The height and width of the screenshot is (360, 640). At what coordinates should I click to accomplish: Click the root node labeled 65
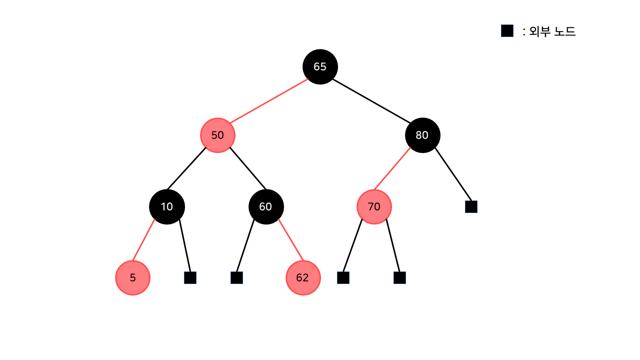[320, 66]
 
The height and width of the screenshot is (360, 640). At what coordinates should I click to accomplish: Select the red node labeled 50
[217, 135]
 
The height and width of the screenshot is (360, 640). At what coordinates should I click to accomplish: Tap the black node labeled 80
[422, 135]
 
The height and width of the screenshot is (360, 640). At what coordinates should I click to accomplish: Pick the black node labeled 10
[167, 206]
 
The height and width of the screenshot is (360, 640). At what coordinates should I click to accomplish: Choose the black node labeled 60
[266, 206]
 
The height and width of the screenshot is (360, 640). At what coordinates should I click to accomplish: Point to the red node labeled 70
[374, 206]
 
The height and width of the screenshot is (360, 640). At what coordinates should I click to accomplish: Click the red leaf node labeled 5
[132, 277]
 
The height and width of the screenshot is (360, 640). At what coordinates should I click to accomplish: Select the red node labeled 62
[303, 277]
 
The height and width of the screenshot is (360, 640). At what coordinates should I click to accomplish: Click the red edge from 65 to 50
[269, 101]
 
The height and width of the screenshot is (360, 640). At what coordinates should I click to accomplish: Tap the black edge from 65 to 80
[371, 100]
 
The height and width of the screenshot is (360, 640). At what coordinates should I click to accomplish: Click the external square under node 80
[471, 206]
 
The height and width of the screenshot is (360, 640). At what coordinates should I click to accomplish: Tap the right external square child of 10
[190, 277]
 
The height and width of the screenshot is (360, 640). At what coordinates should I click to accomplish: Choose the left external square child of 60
[236, 277]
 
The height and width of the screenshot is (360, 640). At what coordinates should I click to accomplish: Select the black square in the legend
[507, 31]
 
